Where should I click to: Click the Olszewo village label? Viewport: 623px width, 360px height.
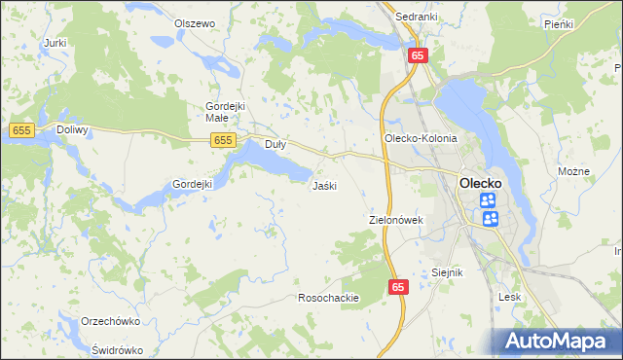pos(194,23)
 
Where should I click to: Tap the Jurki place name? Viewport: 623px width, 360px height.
pos(55,43)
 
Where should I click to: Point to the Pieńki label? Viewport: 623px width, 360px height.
pos(559,23)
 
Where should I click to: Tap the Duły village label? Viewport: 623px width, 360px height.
pos(275,143)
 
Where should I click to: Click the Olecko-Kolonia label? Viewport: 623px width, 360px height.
pos(421,138)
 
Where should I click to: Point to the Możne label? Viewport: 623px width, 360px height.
pos(574,171)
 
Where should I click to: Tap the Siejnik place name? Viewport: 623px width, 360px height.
pos(447,272)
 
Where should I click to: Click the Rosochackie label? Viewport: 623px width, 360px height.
pos(329,298)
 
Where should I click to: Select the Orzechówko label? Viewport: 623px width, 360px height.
pos(112,321)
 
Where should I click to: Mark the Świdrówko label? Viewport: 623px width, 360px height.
pos(117,350)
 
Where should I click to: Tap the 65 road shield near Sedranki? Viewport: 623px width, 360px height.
pos(417,56)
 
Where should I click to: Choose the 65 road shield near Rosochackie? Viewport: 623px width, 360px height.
pos(398,287)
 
